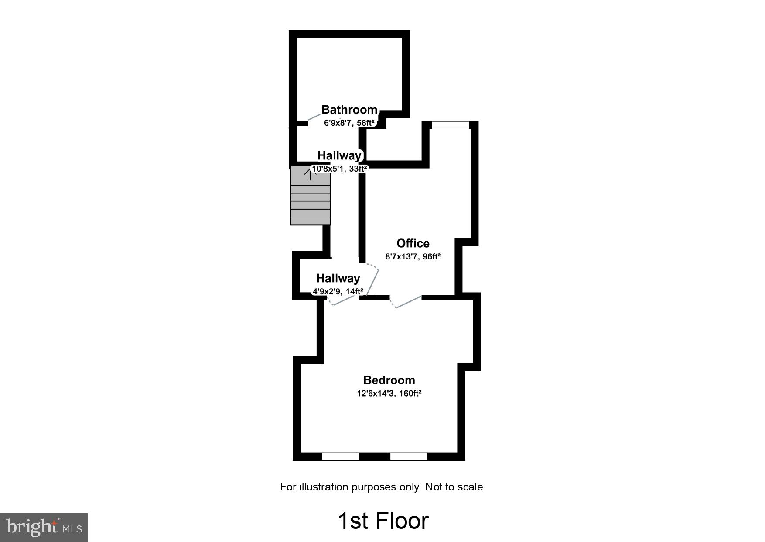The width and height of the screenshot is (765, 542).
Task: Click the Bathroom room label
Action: [349, 110]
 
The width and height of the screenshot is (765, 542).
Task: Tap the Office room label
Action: [413, 243]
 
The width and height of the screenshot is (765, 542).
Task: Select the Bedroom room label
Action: [389, 380]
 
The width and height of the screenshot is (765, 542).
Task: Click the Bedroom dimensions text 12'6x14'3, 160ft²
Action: [389, 394]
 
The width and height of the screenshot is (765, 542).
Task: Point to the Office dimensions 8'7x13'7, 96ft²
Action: [413, 257]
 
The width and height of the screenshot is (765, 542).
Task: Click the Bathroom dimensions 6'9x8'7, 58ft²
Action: [349, 123]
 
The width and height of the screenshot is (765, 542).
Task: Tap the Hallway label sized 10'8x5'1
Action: [339, 155]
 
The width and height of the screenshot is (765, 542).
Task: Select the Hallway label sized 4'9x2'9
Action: [338, 278]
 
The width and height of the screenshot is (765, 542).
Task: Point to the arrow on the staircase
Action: [310, 174]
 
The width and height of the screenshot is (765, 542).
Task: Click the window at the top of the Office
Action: [450, 125]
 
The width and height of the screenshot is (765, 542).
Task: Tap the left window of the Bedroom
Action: [340, 456]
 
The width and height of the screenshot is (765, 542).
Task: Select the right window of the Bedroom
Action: [409, 456]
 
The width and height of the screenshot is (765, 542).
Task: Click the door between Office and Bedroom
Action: [408, 302]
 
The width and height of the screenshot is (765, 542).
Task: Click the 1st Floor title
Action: [383, 521]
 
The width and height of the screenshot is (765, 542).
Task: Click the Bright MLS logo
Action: [44, 527]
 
